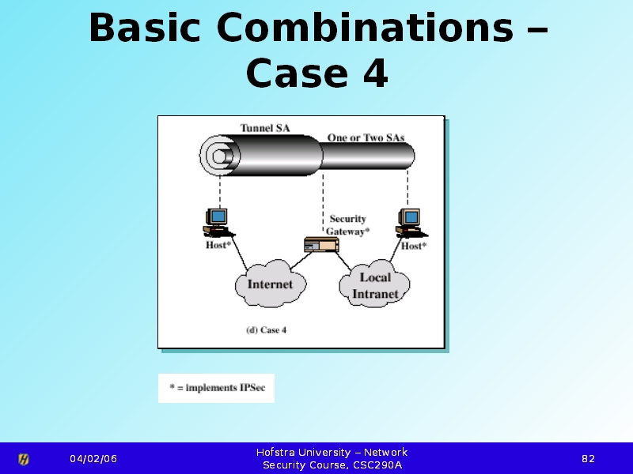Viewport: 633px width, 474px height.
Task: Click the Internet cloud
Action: [271, 284]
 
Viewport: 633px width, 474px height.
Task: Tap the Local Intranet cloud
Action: [374, 284]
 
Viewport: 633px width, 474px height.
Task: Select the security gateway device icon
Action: [321, 245]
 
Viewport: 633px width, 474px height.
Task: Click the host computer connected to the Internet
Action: [218, 223]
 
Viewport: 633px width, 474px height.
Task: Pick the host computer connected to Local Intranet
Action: [411, 223]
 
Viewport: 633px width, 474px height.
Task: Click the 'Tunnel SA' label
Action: [265, 128]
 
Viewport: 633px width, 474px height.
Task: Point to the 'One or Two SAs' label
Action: [366, 137]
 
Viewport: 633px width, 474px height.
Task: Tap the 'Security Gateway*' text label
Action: [347, 225]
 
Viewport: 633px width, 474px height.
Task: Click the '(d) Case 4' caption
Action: [267, 330]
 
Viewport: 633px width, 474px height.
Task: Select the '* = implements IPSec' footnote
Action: [217, 388]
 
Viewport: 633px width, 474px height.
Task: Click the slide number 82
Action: [588, 459]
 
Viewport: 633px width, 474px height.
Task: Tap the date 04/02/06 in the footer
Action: [93, 459]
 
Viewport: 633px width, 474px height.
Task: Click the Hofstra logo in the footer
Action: [24, 459]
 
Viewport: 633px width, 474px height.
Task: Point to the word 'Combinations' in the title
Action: [365, 28]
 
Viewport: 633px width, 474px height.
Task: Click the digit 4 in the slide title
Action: [375, 73]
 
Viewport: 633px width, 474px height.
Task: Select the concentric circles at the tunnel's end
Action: [220, 156]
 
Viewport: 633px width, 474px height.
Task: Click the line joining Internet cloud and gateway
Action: [301, 261]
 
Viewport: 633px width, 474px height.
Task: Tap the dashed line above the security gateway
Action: [323, 204]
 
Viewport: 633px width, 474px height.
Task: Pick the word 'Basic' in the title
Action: [144, 28]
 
